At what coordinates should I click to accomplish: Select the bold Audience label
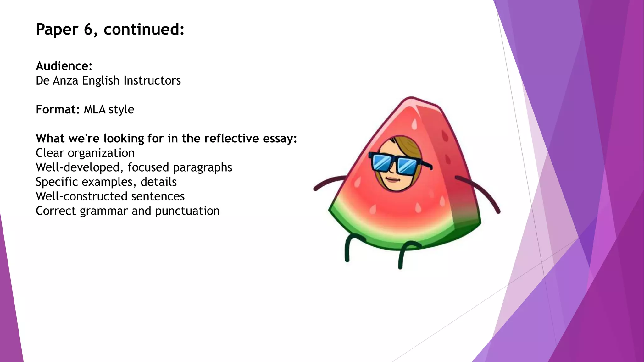coord(64,66)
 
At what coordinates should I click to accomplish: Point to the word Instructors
coord(152,80)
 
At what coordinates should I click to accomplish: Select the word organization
coord(101,153)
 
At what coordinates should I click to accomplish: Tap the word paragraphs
coord(203,167)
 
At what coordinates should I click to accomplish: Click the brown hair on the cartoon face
coord(406,145)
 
